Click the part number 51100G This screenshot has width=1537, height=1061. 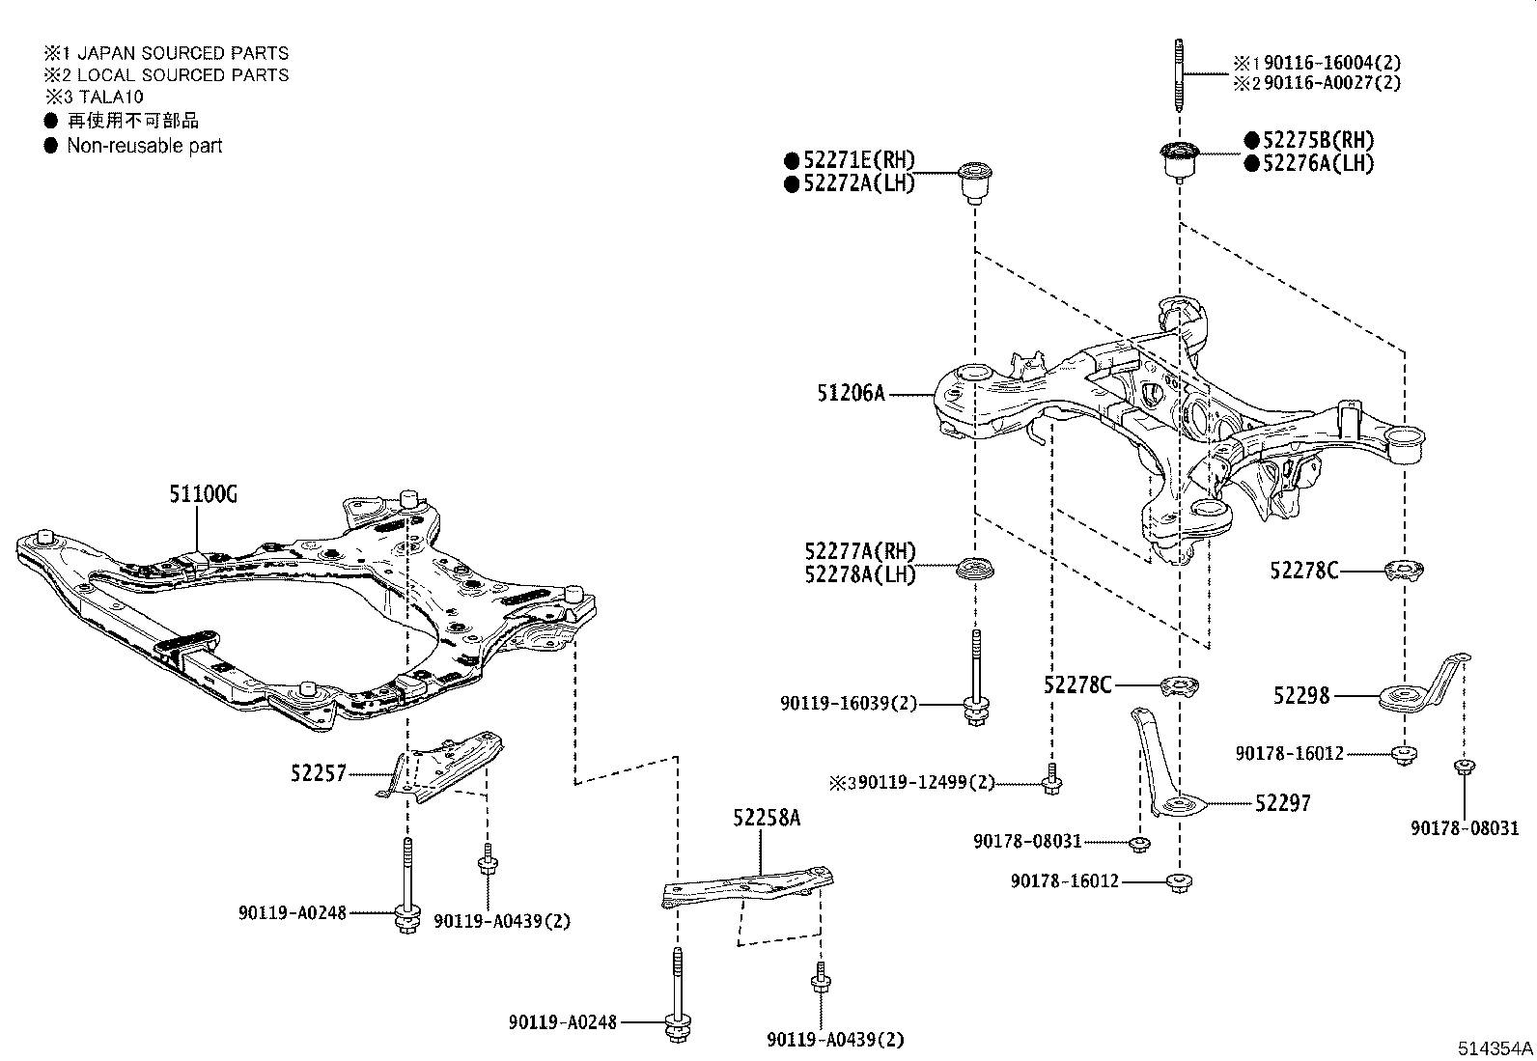coord(203,494)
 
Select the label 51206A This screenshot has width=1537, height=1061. coord(851,393)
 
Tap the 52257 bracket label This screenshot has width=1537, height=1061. coord(318,772)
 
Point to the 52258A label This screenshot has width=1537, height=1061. coord(767,818)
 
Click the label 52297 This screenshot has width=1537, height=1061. coord(1283,803)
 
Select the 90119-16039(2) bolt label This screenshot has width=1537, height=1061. coord(848,705)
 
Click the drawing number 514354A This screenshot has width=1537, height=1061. coord(1495,1047)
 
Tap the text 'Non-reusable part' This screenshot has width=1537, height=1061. coord(145,146)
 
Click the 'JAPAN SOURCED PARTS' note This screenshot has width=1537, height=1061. coord(182,53)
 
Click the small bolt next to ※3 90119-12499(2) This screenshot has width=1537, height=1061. coord(1052,780)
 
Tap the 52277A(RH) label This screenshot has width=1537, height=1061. coord(859,551)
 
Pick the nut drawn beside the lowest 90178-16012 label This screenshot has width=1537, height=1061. coord(1178,882)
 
